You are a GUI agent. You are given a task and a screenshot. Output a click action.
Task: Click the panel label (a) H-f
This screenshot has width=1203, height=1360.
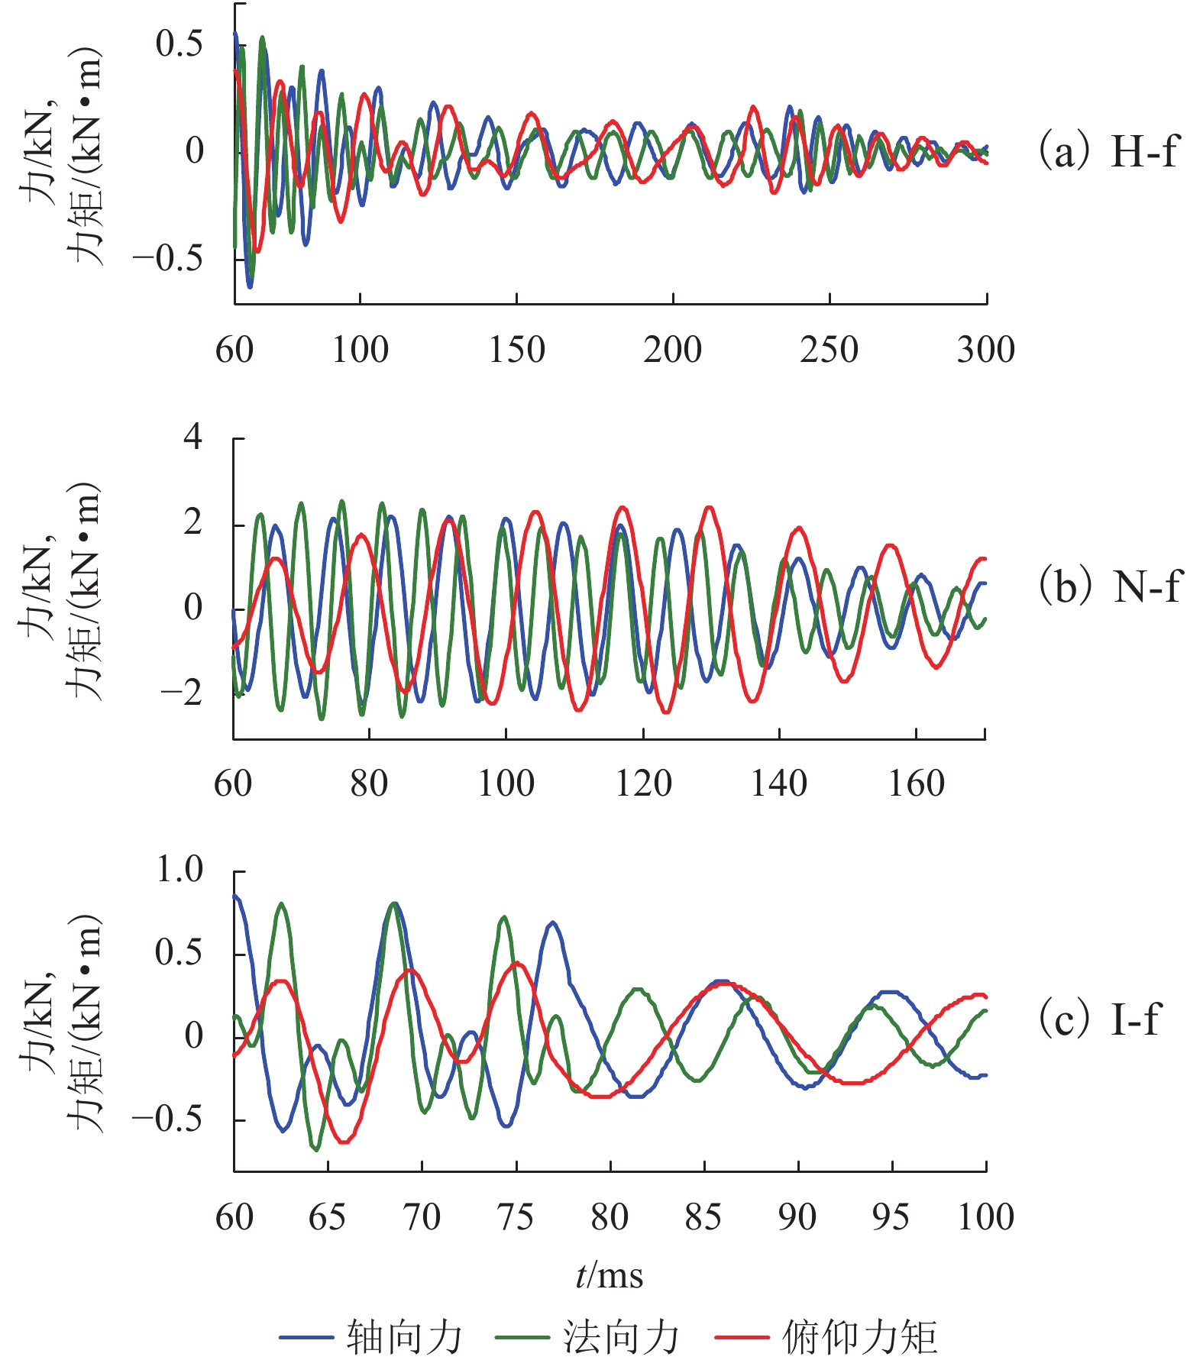[x=1108, y=151]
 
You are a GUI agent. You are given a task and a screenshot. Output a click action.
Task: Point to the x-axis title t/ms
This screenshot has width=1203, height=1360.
[x=610, y=1276]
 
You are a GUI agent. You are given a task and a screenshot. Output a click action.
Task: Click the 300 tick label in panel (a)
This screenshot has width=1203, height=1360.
[x=985, y=350]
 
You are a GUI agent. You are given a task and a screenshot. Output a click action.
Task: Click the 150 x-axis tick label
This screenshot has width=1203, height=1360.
[x=517, y=350]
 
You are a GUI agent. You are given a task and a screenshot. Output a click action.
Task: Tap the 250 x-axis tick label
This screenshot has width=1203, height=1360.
[x=829, y=350]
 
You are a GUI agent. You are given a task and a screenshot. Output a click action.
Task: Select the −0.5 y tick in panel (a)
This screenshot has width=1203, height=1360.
[x=167, y=259]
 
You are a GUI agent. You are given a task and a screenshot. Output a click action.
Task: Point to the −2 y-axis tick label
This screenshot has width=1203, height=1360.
[x=181, y=693]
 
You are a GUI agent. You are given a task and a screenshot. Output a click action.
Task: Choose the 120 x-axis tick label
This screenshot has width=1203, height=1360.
[x=643, y=783]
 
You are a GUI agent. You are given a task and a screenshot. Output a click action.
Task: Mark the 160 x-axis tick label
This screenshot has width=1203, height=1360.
[x=916, y=783]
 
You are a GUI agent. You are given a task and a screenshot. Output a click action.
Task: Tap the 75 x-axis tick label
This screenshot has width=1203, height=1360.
[x=516, y=1216]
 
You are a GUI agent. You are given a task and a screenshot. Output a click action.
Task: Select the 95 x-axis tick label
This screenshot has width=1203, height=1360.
[x=891, y=1216]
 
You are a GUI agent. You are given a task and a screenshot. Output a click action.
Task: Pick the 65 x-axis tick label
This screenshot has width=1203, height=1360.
[x=328, y=1216]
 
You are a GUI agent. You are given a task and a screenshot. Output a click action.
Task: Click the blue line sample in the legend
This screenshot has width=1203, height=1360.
[x=306, y=1337]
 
